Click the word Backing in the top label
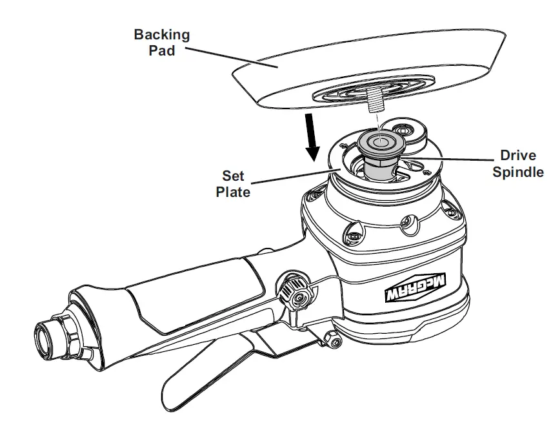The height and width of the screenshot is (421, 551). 162,35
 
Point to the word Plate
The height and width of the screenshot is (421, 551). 233,192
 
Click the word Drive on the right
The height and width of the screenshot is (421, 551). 519,156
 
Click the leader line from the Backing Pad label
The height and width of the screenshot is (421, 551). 226,56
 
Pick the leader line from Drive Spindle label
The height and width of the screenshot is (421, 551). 452,156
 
